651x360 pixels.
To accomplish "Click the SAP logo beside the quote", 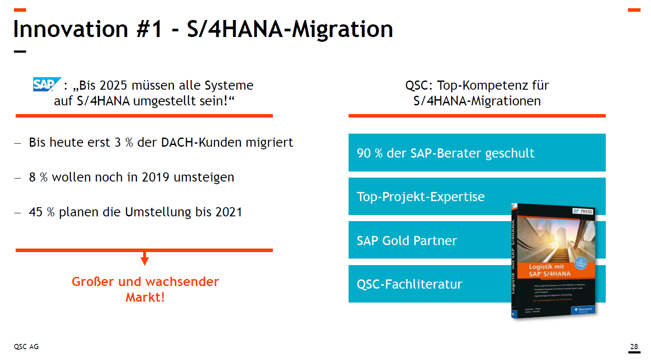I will [x=46, y=84].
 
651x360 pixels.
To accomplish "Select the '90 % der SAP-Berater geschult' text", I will [x=445, y=153].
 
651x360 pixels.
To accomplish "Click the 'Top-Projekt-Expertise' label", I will [x=420, y=197].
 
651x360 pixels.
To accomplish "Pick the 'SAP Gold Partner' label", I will [x=406, y=241].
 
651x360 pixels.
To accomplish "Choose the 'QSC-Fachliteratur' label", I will [x=409, y=284].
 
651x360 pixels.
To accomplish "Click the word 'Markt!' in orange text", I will [x=145, y=297].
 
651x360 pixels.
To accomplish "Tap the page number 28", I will [x=634, y=347].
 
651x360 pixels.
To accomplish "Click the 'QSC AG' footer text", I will [x=26, y=347].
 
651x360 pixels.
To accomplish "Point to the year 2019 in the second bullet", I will [x=155, y=177].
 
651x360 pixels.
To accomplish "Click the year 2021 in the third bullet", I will [x=228, y=212].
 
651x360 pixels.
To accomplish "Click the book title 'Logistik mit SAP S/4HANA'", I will [x=549, y=270].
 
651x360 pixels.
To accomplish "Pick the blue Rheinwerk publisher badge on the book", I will [x=583, y=310].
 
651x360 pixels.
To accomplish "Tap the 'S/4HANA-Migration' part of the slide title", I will [x=290, y=29].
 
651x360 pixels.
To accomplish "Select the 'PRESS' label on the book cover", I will [x=586, y=212].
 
